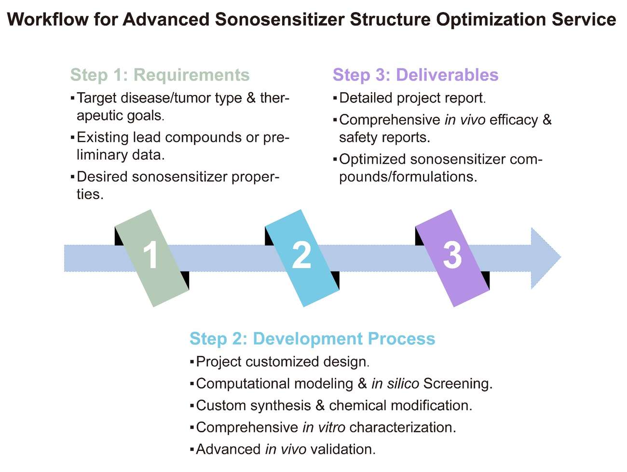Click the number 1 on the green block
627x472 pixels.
coord(151,255)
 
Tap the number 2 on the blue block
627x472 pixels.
coord(301,255)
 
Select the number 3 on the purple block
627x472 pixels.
coord(452,255)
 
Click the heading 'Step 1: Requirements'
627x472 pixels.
coord(160,75)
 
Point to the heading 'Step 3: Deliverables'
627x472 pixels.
coord(415,75)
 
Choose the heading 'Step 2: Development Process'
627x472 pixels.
coord(312,338)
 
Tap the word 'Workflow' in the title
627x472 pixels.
coord(48,20)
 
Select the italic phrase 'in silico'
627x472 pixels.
coord(395,384)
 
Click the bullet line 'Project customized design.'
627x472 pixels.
coord(283,362)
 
